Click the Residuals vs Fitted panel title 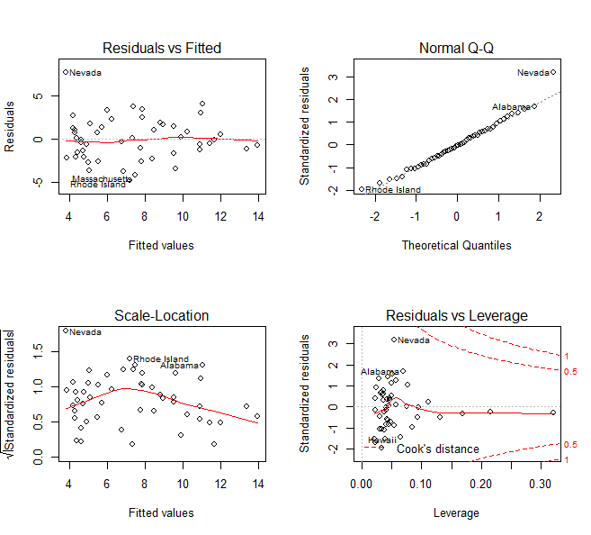(162, 48)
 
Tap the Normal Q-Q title (456, 48)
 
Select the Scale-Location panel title (162, 315)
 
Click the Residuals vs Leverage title (456, 315)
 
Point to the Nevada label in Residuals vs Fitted (85, 73)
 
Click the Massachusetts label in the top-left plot (101, 178)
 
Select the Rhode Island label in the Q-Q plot (392, 190)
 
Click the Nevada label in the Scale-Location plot (85, 332)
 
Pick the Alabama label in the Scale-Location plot (179, 366)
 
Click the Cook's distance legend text (438, 449)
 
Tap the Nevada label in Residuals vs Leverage (414, 340)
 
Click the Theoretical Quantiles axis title (456, 244)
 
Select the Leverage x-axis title (456, 512)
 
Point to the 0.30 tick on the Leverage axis (541, 484)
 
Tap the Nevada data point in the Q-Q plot (553, 72)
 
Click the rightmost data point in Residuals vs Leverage (552, 413)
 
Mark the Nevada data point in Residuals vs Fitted (66, 72)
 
